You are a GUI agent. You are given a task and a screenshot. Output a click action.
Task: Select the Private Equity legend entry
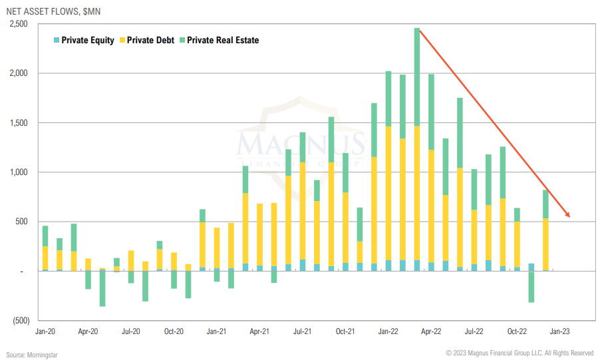click(x=84, y=41)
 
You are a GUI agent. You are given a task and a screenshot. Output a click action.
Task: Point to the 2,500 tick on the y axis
click(x=19, y=24)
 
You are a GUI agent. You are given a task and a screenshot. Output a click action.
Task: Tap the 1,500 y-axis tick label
click(x=19, y=123)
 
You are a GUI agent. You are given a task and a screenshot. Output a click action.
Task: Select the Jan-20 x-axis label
click(x=45, y=331)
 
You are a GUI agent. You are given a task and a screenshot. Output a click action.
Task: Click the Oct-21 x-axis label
click(x=345, y=331)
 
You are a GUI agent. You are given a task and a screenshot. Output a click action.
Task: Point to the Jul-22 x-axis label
click(x=474, y=331)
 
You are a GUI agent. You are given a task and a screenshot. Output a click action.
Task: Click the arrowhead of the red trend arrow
click(x=567, y=214)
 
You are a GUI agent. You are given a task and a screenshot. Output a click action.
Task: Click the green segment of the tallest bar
click(x=417, y=77)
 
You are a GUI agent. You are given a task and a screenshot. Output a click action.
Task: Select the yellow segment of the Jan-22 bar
click(x=388, y=193)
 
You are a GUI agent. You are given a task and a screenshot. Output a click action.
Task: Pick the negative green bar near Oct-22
click(x=531, y=287)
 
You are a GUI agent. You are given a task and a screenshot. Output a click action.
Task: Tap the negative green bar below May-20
click(x=102, y=288)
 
